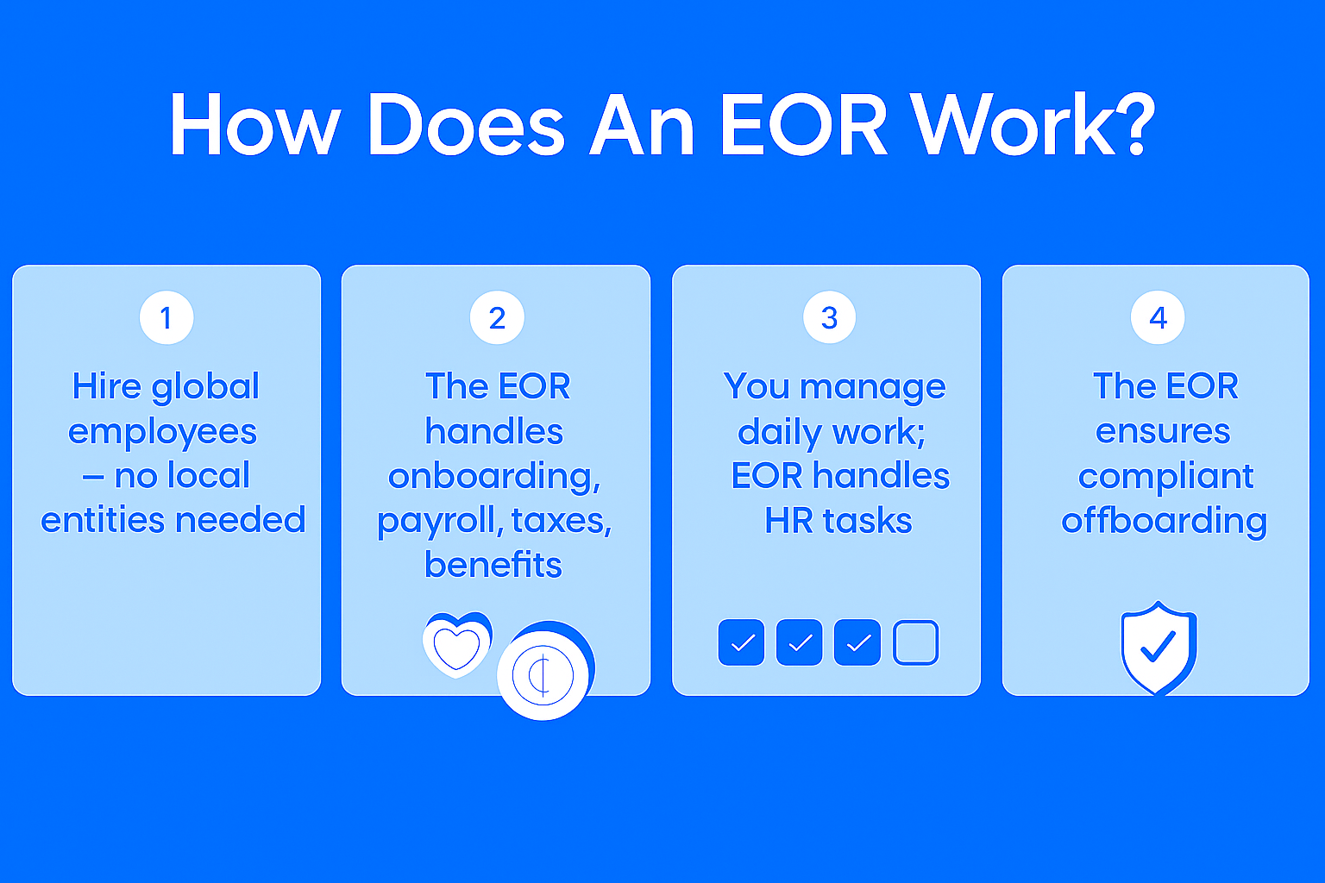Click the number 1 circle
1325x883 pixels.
[166, 317]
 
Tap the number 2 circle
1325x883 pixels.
[497, 317]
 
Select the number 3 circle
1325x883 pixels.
[829, 317]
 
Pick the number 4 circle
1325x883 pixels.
[1158, 317]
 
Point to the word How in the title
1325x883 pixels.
[255, 125]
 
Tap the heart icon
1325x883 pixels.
[456, 645]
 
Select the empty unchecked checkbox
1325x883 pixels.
[915, 642]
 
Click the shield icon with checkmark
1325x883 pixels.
[1159, 648]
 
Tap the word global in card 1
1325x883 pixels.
[205, 388]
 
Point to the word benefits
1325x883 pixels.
[493, 564]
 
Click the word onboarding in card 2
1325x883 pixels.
[494, 477]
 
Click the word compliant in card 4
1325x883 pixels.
[1165, 477]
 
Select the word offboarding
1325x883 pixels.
[1164, 522]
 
